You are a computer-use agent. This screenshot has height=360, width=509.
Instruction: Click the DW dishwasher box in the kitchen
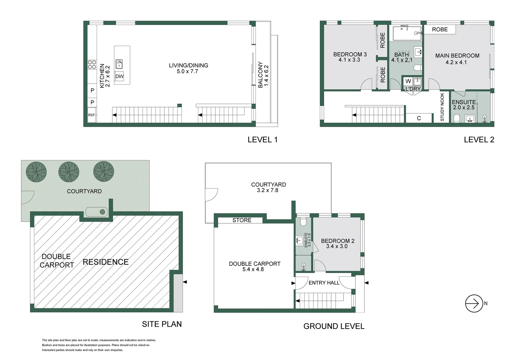tap(119, 76)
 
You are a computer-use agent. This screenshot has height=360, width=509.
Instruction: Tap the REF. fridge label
tap(92, 115)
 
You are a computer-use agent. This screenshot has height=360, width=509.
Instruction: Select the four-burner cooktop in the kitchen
tap(92, 64)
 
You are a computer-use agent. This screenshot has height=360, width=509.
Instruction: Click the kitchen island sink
tap(119, 64)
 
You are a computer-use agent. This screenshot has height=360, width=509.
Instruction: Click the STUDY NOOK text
tap(442, 107)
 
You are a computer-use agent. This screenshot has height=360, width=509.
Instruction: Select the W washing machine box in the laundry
tap(408, 81)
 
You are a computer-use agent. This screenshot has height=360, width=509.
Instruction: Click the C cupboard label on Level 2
tap(419, 118)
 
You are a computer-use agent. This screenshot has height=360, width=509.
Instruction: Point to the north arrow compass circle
tap(474, 303)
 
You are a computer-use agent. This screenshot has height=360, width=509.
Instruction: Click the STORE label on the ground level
tap(242, 220)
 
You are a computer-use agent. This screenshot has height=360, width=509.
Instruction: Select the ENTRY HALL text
tap(324, 283)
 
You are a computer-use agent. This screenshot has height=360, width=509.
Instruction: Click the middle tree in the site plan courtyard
tap(69, 172)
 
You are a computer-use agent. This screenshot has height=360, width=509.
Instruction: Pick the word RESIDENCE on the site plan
tap(106, 262)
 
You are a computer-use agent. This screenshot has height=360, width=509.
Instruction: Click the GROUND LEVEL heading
tap(334, 326)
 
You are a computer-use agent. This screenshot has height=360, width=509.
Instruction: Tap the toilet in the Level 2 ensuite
tap(456, 119)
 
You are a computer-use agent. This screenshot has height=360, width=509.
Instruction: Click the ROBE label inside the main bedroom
tap(440, 30)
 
